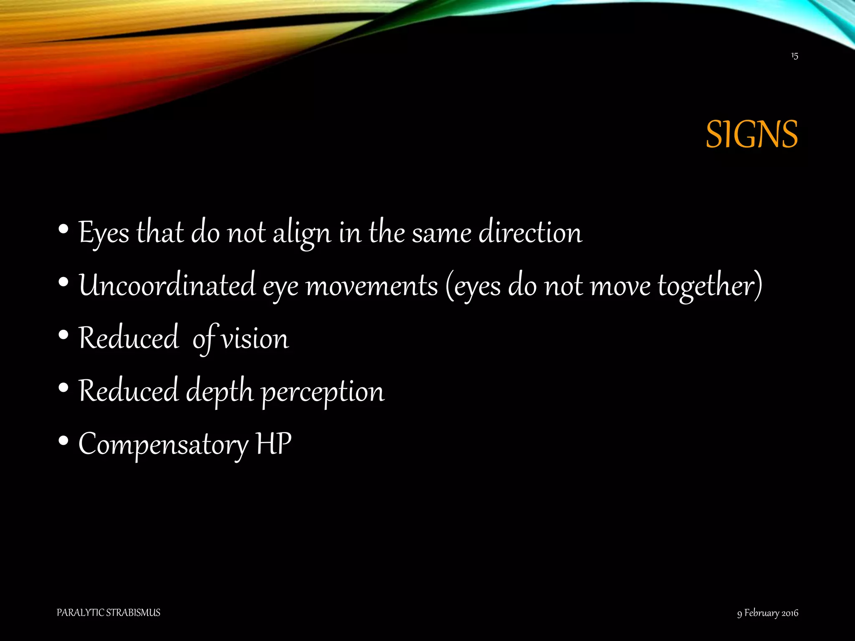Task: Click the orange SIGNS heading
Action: click(751, 134)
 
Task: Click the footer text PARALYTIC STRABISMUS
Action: click(108, 613)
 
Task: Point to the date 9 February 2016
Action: click(767, 613)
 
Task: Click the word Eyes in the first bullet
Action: click(104, 233)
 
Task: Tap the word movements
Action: click(372, 286)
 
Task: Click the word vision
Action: click(255, 338)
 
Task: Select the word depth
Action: click(220, 392)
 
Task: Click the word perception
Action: click(323, 392)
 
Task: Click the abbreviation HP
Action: click(274, 444)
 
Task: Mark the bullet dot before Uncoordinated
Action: click(63, 282)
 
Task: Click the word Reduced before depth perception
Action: click(129, 391)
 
